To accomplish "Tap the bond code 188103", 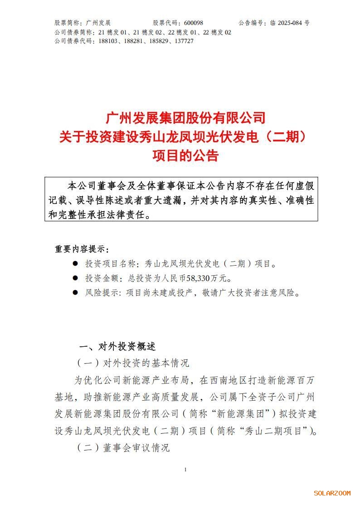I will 107,41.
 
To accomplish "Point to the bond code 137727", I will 184,41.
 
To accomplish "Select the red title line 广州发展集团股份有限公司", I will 185,118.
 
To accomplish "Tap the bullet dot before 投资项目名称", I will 75,263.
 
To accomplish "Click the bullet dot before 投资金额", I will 75,278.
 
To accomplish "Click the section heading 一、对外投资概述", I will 117,347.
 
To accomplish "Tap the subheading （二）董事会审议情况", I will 123,448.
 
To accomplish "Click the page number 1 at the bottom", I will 185,470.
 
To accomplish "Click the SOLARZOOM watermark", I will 332,493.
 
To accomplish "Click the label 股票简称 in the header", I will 67,23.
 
